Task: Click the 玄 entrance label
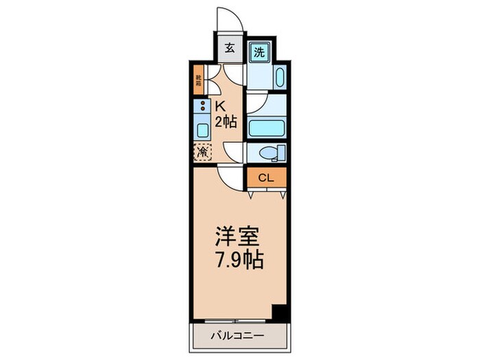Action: coord(228,50)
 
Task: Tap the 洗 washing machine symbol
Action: coord(259,51)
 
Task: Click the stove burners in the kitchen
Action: coord(203,106)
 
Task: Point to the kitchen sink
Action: coord(203,130)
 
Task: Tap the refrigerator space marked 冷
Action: coord(203,152)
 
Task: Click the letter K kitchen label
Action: coord(221,106)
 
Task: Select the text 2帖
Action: coord(226,123)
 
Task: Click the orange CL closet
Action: coord(265,178)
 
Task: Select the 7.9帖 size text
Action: coord(237,261)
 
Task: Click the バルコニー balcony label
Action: coord(237,337)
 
